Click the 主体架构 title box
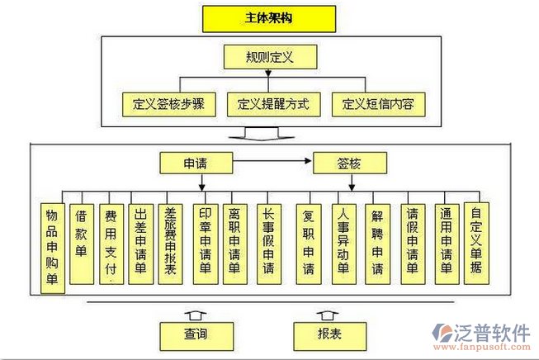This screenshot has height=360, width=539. coord(268,17)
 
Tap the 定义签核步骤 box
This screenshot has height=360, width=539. coord(168,105)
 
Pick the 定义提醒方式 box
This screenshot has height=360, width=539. coord(272,105)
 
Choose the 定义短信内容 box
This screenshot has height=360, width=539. coord(378,105)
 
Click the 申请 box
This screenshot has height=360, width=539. coord(195,163)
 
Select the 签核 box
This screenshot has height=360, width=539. coord(349,163)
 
